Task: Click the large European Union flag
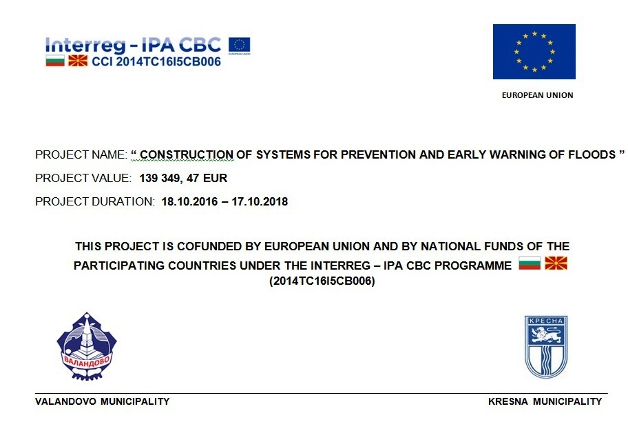point(534,52)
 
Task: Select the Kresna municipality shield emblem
point(545,346)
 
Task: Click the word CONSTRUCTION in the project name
point(187,154)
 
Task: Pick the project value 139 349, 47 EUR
point(183,179)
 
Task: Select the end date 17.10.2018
point(260,202)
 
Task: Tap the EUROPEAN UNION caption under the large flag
point(537,95)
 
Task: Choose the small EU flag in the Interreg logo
point(239,45)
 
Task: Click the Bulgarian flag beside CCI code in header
point(55,61)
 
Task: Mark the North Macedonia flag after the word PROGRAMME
point(556,263)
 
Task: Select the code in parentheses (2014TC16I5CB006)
point(322,281)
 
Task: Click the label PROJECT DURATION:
point(95,202)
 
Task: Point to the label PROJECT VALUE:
point(83,179)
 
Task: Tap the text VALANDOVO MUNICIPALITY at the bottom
point(102,401)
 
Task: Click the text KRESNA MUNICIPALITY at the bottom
point(545,401)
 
